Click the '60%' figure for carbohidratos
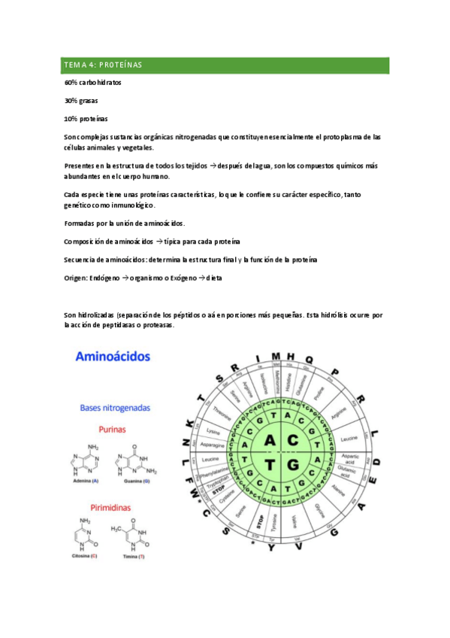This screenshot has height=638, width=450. pyautogui.click(x=71, y=82)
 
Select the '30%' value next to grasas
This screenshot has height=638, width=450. pyautogui.click(x=71, y=100)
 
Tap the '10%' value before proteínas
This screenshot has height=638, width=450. pyautogui.click(x=71, y=119)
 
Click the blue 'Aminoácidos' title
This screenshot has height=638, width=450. pyautogui.click(x=113, y=356)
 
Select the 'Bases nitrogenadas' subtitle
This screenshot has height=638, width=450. pyautogui.click(x=115, y=408)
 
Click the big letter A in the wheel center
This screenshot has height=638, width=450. pyautogui.click(x=270, y=439)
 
